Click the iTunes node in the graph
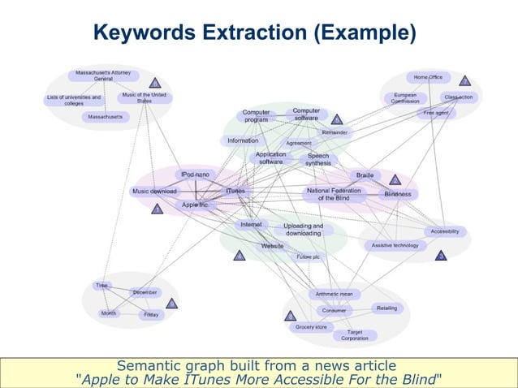click(x=235, y=192)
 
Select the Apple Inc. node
click(x=195, y=205)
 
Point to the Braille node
click(x=365, y=175)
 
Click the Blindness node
click(x=397, y=194)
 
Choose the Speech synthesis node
click(x=317, y=160)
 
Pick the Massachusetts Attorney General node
click(x=103, y=75)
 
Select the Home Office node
click(x=428, y=77)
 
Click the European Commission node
click(x=405, y=98)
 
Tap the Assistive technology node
click(x=395, y=245)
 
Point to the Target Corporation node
click(x=355, y=335)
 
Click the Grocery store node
click(x=311, y=327)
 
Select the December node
click(x=145, y=292)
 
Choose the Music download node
click(x=154, y=192)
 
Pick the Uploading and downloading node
click(x=303, y=230)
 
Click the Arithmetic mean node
click(x=334, y=294)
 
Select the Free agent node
click(x=436, y=114)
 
